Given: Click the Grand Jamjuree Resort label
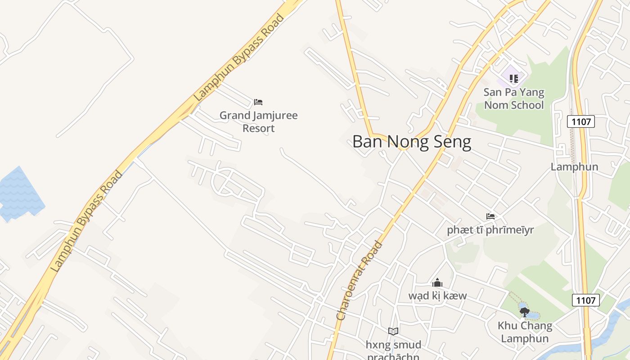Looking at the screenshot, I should click(258, 122).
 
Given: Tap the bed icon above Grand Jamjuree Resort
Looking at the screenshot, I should click(258, 102).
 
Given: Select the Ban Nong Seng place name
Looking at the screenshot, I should click(411, 142).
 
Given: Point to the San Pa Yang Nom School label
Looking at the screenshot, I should click(513, 99).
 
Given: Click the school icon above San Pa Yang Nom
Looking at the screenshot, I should click(513, 79).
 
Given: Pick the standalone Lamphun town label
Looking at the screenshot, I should click(574, 167).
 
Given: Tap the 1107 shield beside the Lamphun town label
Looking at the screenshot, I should click(580, 121).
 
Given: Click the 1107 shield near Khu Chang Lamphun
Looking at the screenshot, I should click(586, 300).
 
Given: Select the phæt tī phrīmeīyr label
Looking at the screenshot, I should click(490, 230).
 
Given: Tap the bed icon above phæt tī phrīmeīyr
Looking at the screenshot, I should click(490, 216).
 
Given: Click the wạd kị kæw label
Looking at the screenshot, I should click(437, 296).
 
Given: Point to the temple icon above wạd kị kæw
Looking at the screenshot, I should click(437, 283).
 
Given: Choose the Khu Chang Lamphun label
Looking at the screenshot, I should click(525, 332).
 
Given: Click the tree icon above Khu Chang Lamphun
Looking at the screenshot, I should click(524, 312).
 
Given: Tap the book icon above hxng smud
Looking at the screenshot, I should click(393, 331).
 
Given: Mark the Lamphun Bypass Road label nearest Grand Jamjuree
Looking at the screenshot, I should click(239, 57).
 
